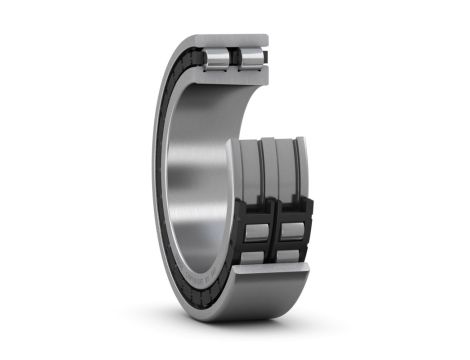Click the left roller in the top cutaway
click(217, 58)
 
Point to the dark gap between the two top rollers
click(235, 57)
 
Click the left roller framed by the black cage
click(255, 232)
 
